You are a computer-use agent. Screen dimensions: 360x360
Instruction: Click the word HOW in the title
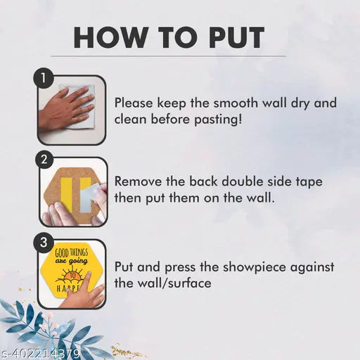coord(110,37)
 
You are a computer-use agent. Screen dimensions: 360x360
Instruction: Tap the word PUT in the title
coord(236,37)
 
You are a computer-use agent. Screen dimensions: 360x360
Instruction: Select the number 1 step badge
coord(44,78)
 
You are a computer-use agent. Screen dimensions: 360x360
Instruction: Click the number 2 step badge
coord(44,160)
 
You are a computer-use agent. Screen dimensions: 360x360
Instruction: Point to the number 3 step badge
coord(44,243)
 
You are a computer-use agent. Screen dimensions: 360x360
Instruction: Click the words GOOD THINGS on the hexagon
coord(71,253)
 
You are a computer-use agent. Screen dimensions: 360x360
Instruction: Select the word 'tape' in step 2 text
coord(309,183)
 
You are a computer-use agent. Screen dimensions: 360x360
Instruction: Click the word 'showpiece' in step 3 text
coord(255,268)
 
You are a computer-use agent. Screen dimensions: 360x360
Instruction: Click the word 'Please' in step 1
coord(134,103)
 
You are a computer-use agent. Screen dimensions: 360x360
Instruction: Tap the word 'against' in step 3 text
coord(312,268)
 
